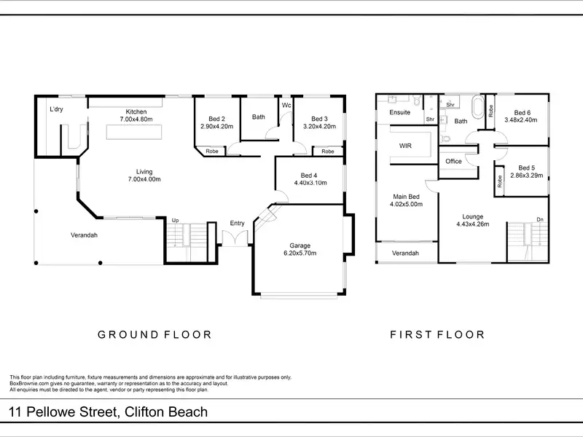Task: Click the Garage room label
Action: (x=300, y=245)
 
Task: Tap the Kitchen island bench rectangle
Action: (x=134, y=133)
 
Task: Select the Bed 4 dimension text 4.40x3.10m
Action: (x=310, y=183)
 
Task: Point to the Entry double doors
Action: (x=235, y=238)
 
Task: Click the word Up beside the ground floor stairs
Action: (x=175, y=221)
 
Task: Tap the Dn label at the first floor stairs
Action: (x=540, y=220)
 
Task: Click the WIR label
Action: (x=405, y=146)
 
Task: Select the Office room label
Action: (x=453, y=161)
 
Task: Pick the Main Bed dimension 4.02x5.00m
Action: (x=406, y=204)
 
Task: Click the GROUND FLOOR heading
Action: (x=154, y=335)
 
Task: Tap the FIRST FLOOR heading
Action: (x=437, y=335)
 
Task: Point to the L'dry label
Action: (x=56, y=109)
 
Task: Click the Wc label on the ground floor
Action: (x=286, y=105)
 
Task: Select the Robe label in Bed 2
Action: (x=212, y=151)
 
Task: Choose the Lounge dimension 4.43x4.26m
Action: (x=472, y=224)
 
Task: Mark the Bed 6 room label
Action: (x=523, y=113)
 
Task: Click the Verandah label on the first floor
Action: (x=405, y=253)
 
